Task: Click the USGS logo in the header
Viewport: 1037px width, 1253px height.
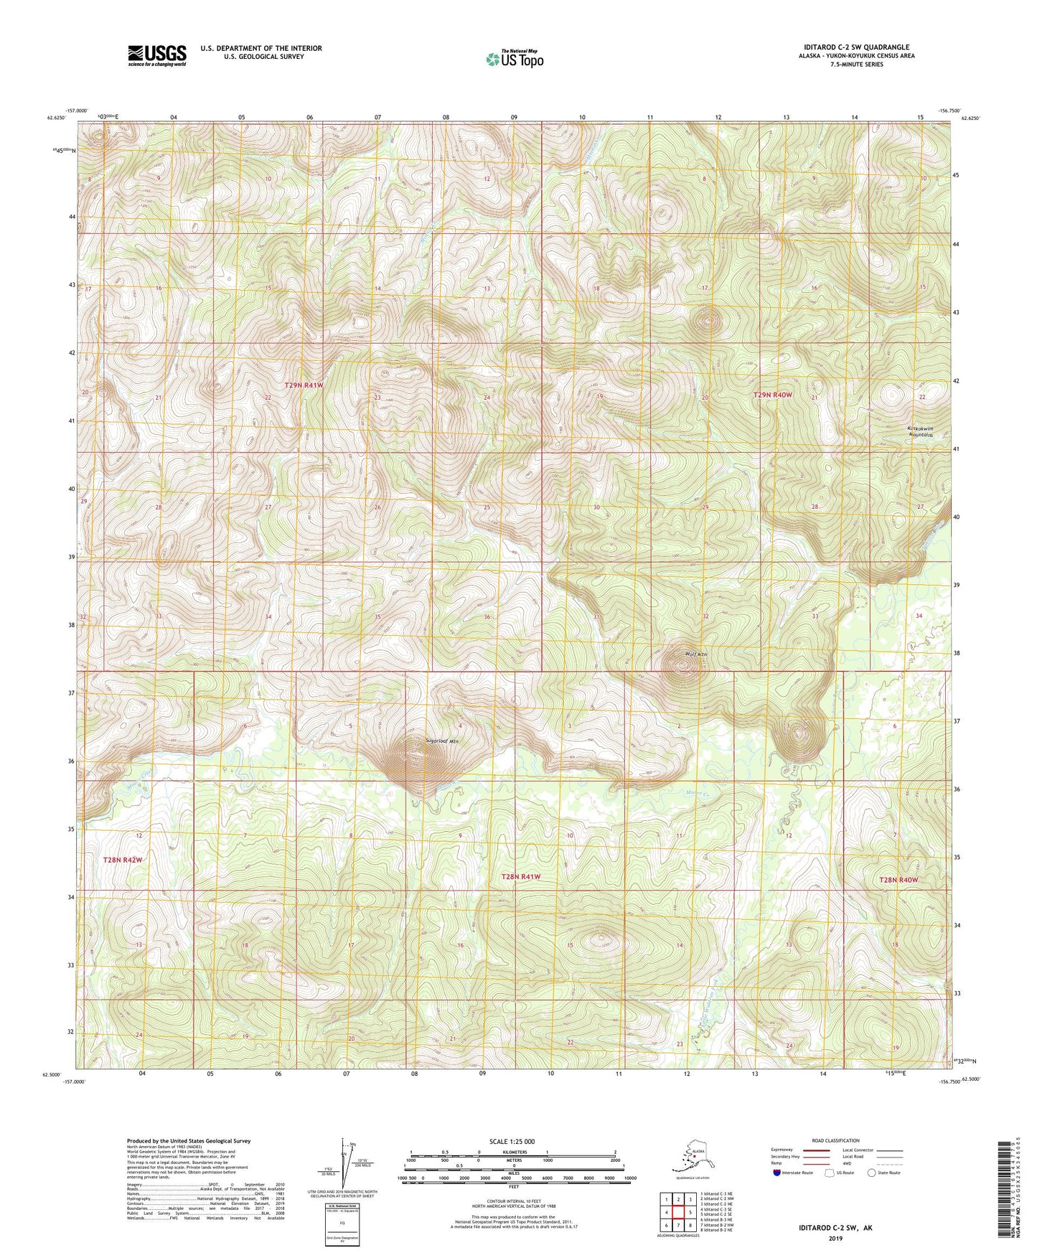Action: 156,55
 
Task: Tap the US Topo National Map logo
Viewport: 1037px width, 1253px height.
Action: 514,59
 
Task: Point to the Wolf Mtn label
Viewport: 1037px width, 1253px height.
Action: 676,654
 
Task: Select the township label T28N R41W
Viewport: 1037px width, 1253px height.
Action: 520,877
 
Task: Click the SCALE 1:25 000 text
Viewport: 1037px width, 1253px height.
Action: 512,1141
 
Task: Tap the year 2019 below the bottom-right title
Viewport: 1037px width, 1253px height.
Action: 835,1238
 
